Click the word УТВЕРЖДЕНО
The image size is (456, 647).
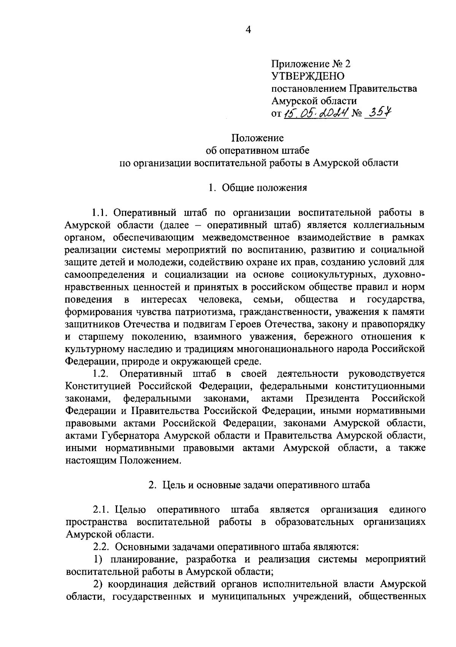pyautogui.click(x=308, y=76)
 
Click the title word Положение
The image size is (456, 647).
pyautogui.click(x=258, y=137)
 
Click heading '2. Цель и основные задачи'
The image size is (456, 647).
pyautogui.click(x=259, y=485)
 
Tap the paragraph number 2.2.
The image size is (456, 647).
pyautogui.click(x=101, y=547)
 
